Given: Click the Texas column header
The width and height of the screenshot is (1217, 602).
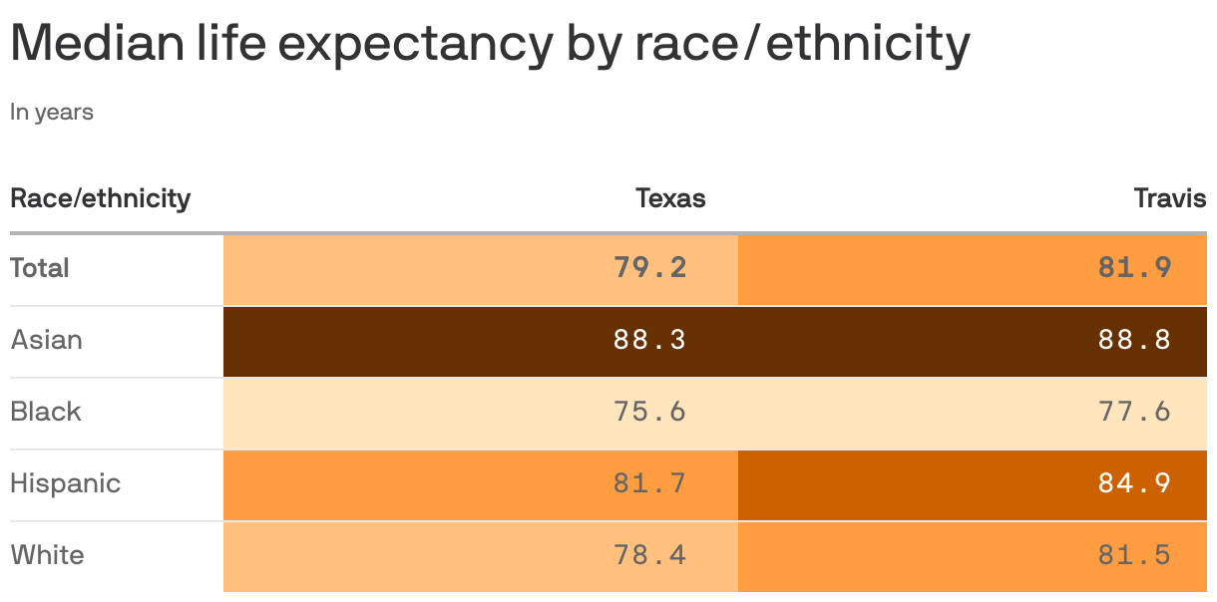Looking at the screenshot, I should (x=670, y=198).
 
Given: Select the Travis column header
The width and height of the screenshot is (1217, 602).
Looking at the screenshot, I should (x=1169, y=198).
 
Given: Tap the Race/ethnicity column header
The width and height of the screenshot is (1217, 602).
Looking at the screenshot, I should (x=100, y=198).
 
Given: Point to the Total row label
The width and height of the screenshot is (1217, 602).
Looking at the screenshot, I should (x=40, y=268).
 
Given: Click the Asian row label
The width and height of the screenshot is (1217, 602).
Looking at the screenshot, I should (x=46, y=340).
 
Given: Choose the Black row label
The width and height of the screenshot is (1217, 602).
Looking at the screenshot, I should (x=46, y=412).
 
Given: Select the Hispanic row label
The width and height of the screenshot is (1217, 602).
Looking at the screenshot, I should (x=65, y=483).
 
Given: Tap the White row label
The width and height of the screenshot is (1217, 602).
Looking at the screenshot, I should (x=47, y=555).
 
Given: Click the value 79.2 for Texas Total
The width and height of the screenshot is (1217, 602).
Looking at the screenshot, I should (x=649, y=268).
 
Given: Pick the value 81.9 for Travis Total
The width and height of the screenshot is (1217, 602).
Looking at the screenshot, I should (x=1134, y=268).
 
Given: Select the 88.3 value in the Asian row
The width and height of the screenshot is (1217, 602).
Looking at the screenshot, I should (x=649, y=340).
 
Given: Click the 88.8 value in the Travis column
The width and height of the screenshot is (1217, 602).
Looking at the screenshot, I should (x=1134, y=340).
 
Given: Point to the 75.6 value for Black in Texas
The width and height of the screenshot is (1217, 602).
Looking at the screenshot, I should (x=649, y=412).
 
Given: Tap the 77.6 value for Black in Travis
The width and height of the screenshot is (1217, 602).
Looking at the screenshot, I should (x=1134, y=412).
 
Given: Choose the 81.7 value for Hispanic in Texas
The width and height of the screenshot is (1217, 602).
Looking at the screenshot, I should (x=649, y=483).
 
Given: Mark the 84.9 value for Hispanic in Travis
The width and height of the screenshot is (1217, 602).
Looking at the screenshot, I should (x=1134, y=483).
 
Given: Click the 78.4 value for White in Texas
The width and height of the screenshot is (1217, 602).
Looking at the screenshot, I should (x=649, y=555).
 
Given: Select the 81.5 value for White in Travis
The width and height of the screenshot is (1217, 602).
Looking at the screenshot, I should (x=1134, y=555).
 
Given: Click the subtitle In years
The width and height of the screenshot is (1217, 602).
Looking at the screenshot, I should (x=52, y=113).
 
